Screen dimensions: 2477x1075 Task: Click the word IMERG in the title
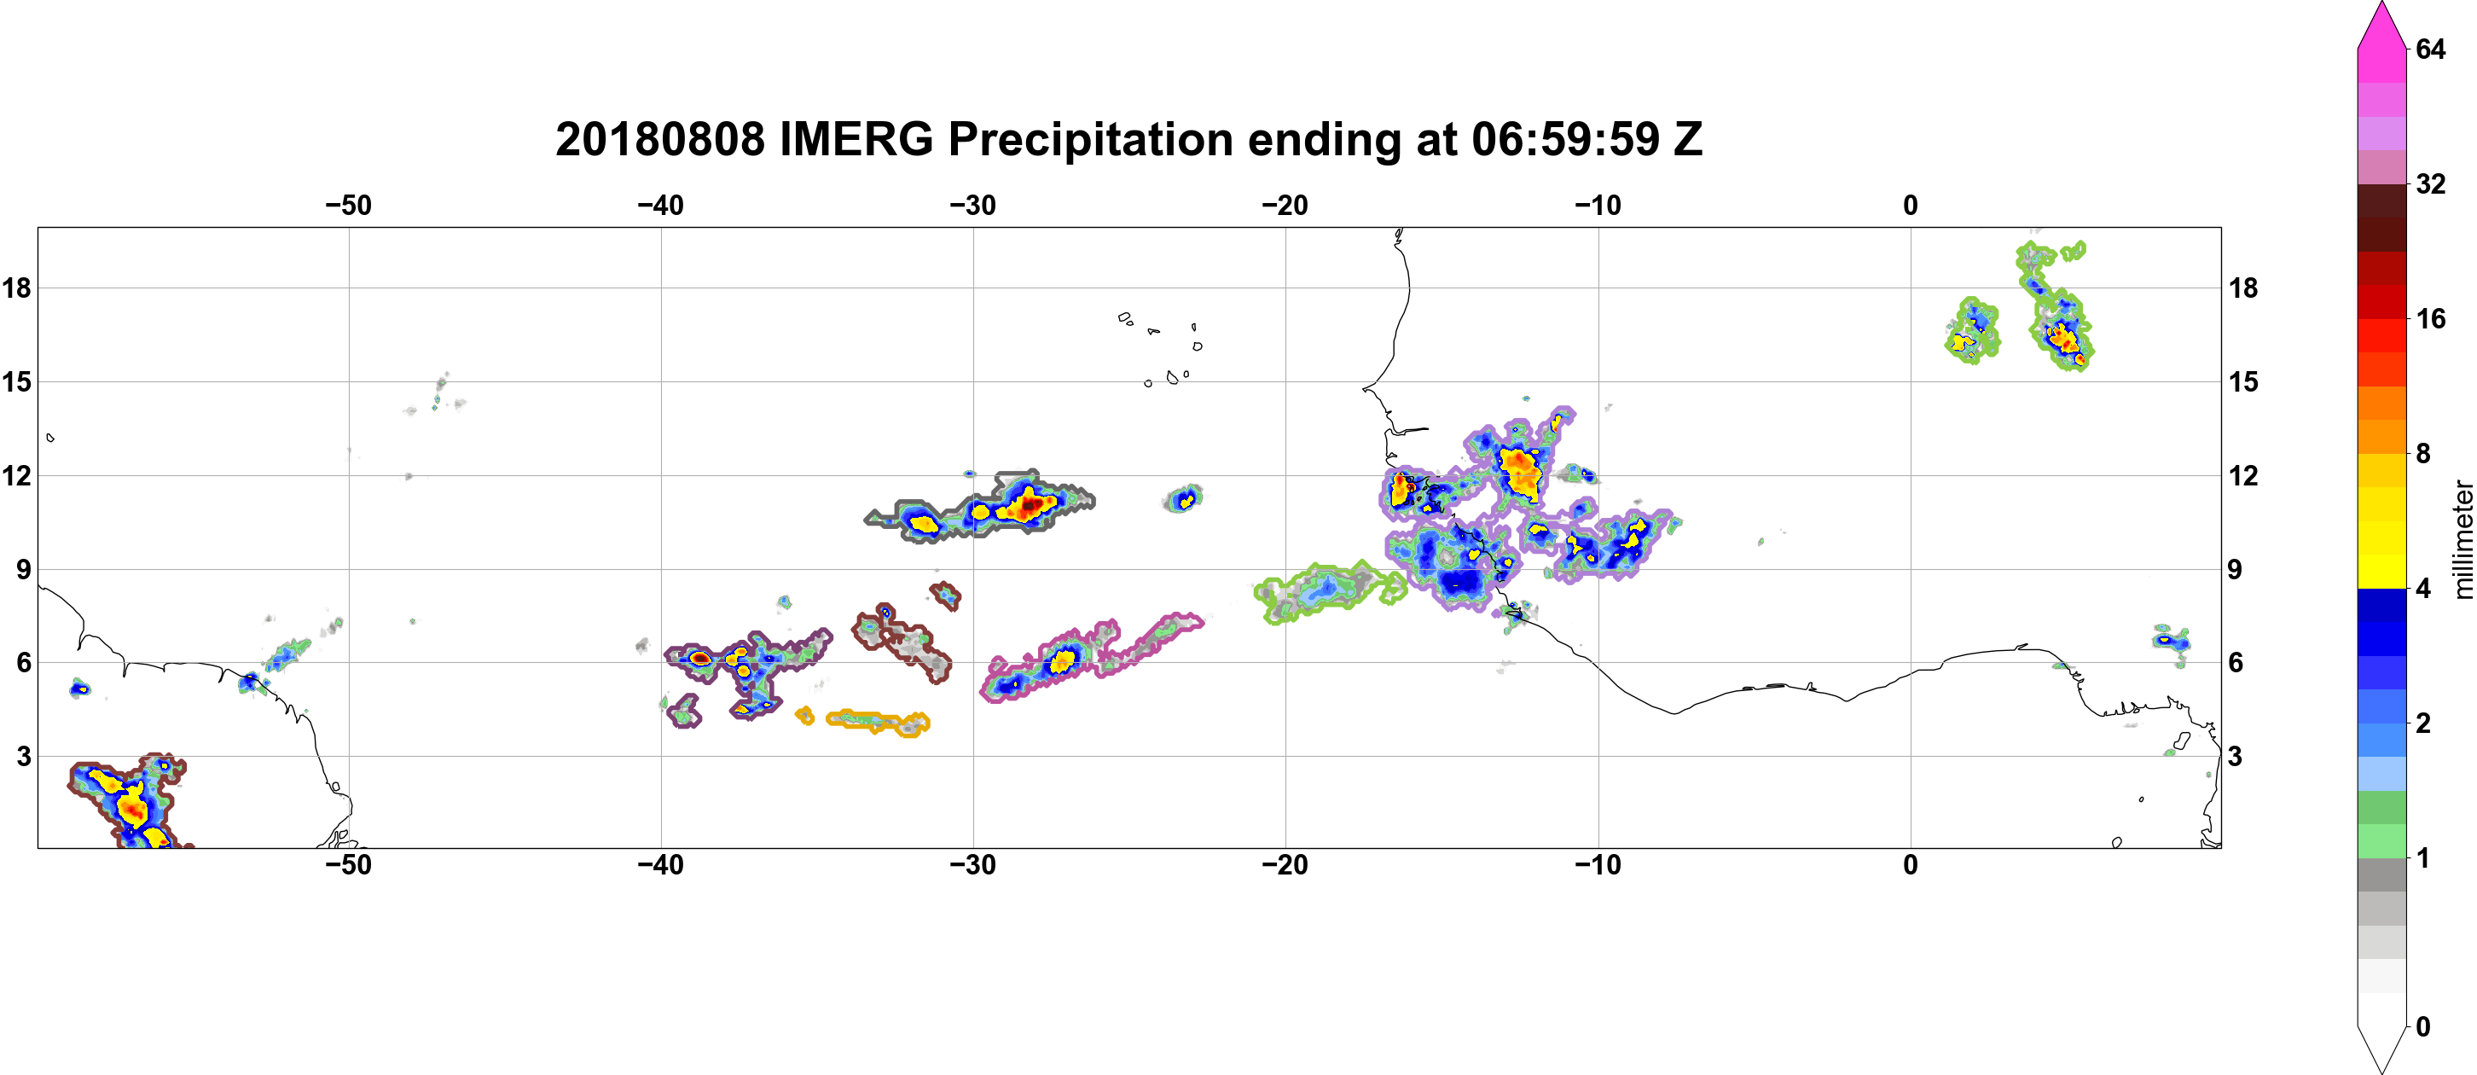856,139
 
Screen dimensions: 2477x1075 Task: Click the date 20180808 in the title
659,139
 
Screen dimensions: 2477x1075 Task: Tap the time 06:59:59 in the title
1565,139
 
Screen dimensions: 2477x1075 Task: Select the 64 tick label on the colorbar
2431,49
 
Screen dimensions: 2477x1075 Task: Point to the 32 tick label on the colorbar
2431,183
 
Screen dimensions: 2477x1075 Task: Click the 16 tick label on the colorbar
2431,318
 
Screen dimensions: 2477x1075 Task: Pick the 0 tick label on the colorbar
2423,1027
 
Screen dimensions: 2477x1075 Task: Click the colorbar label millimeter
2462,539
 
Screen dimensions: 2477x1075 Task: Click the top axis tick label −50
348,205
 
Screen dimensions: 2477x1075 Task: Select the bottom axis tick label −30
973,865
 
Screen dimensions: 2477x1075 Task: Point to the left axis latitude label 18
16,288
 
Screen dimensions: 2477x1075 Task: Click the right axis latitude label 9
2235,569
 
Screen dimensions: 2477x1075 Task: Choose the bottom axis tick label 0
1911,865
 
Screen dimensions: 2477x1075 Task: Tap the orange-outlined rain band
878,722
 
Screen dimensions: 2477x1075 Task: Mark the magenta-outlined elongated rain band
1092,658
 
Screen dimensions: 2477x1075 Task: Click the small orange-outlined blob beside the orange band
805,715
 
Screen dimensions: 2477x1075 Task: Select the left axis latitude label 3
23,757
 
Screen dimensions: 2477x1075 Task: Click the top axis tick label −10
1598,205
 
